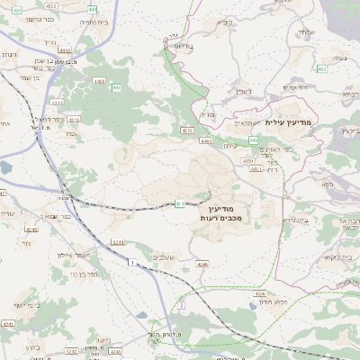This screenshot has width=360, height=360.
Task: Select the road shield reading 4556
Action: (246, 161)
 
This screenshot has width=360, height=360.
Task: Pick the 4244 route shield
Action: (118, 242)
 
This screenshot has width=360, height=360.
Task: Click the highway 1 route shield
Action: (131, 262)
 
